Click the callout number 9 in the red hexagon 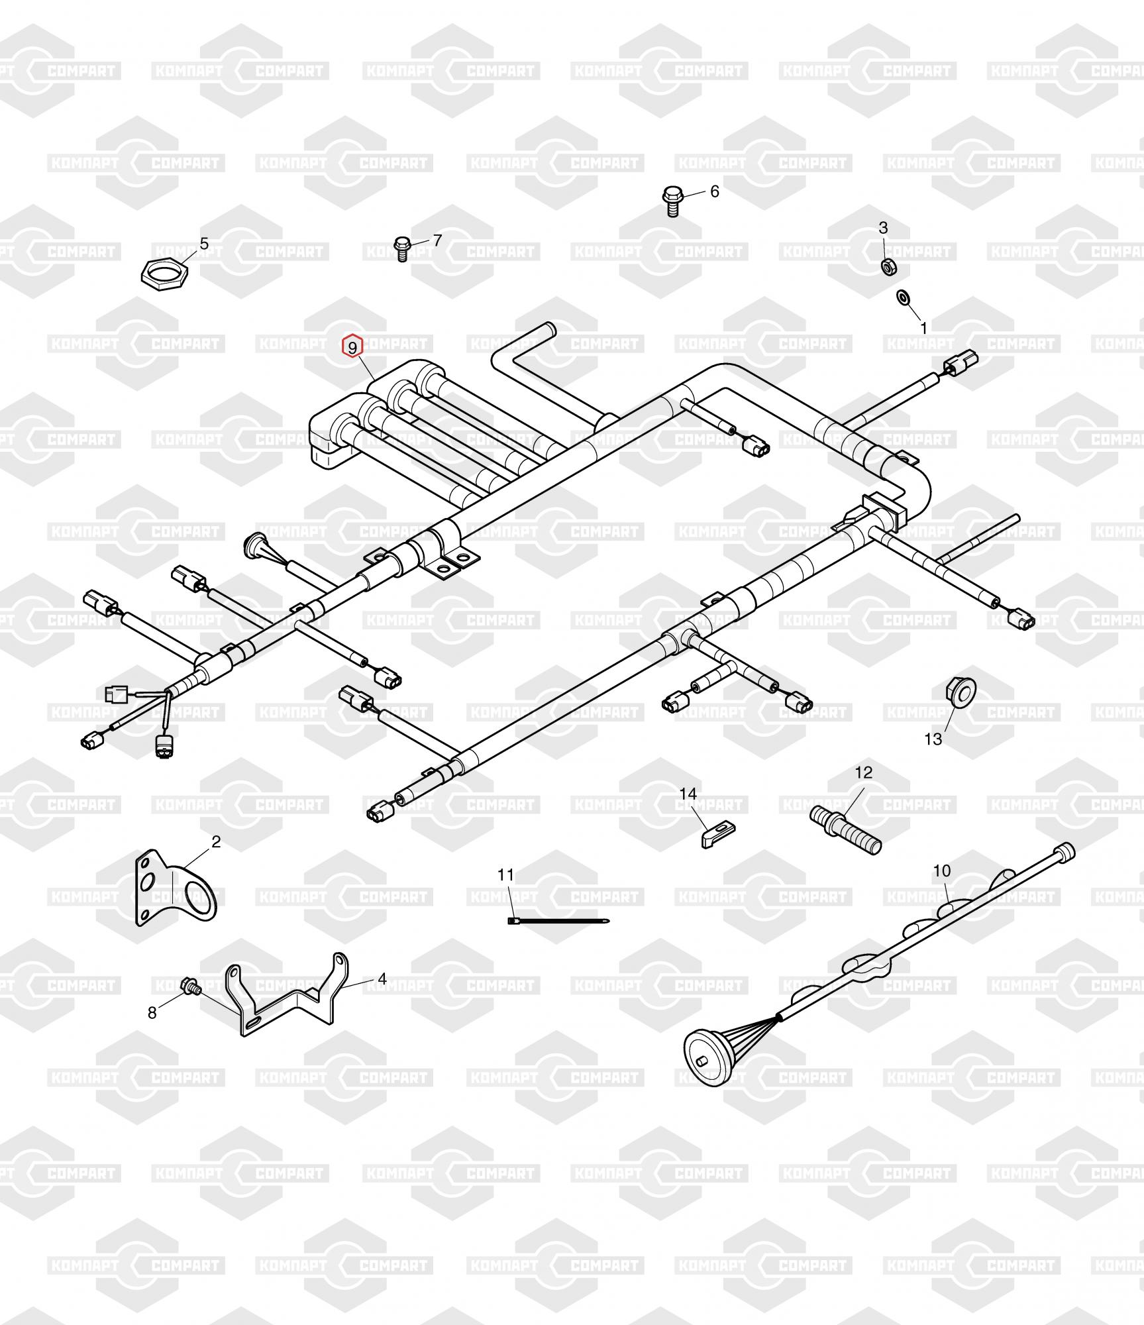[352, 346]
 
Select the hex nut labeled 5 [166, 271]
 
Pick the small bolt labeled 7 [401, 248]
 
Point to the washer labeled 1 [903, 297]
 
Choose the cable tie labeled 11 [558, 920]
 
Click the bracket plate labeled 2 [176, 886]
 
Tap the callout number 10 [942, 870]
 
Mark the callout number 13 [933, 739]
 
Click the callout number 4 [382, 978]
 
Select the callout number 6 [714, 191]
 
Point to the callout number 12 [864, 772]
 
